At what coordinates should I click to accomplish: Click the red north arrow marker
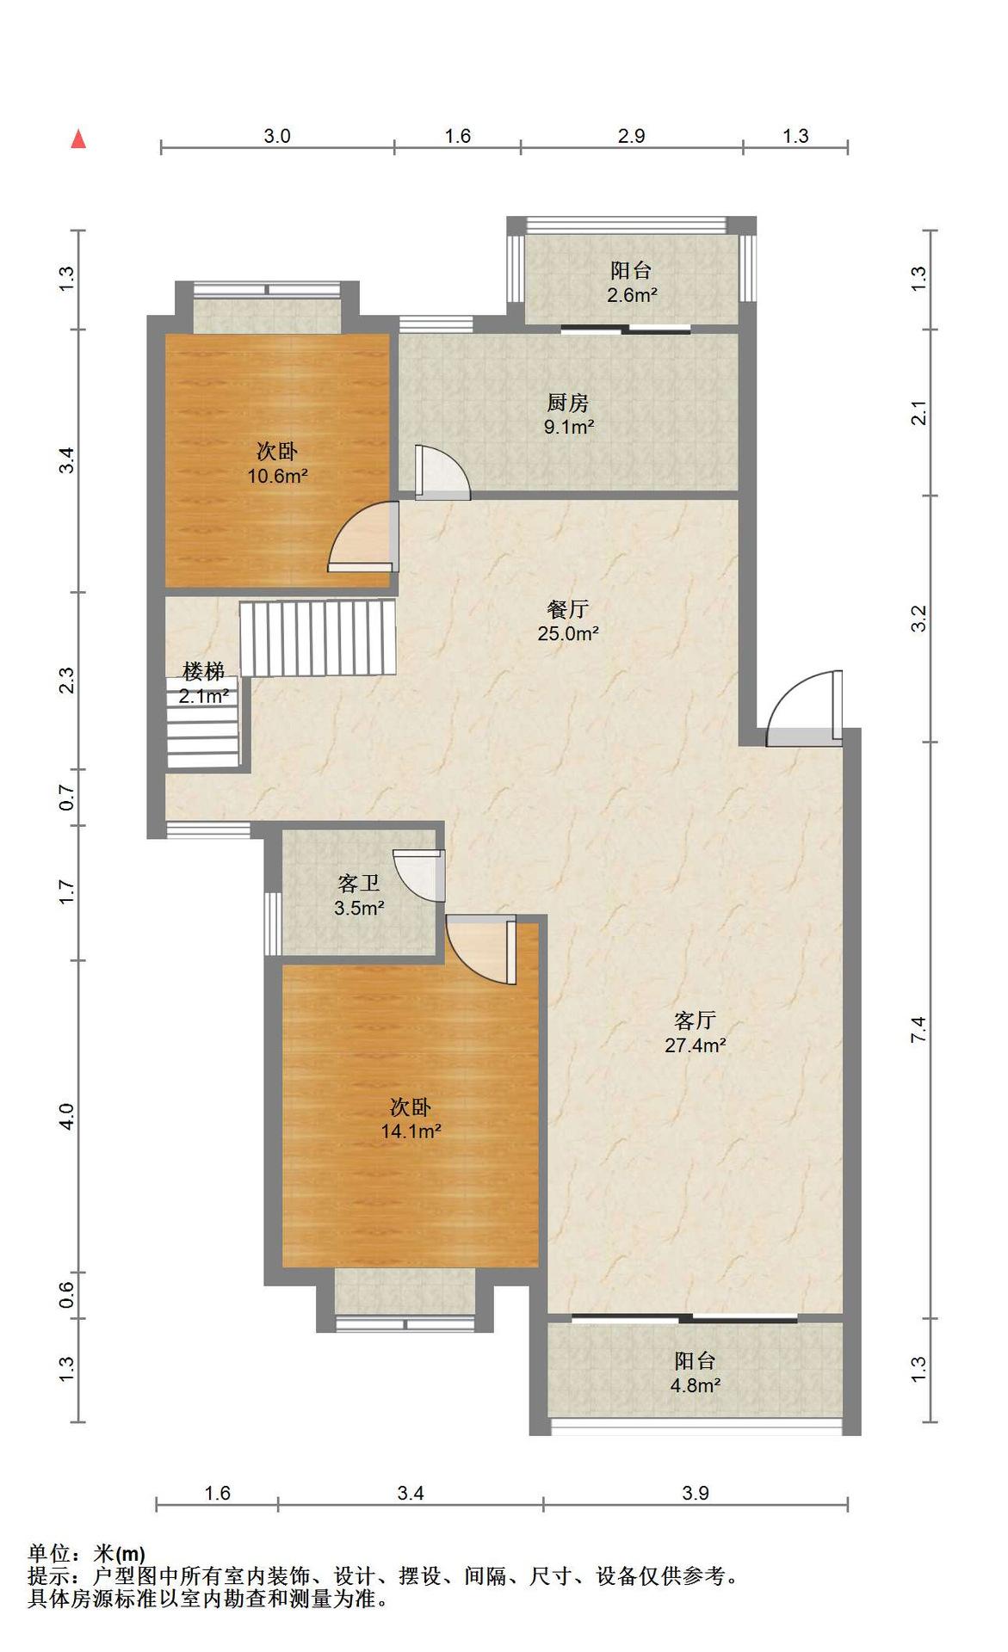tap(78, 139)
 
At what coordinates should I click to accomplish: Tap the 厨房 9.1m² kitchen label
tap(568, 414)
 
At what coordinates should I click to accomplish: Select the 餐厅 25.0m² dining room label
tap(568, 621)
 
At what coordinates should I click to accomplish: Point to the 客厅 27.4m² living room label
tap(696, 1032)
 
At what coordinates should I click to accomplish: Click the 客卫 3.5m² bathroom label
tap(359, 895)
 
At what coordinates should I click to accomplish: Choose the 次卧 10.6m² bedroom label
tap(278, 463)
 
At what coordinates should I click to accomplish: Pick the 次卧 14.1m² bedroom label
tap(411, 1119)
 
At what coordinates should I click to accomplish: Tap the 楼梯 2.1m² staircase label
tap(204, 683)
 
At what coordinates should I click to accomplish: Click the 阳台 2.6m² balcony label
tap(632, 283)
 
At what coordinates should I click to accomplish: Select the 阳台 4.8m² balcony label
tap(696, 1373)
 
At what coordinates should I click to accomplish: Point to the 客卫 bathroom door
tap(419, 875)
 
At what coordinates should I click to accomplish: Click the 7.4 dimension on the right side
tap(918, 1030)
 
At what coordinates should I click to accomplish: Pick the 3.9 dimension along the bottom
tap(696, 1493)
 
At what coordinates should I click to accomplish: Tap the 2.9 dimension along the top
tap(631, 136)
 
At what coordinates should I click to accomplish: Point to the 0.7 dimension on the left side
tap(66, 798)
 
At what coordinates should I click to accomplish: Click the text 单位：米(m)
tap(86, 1554)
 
